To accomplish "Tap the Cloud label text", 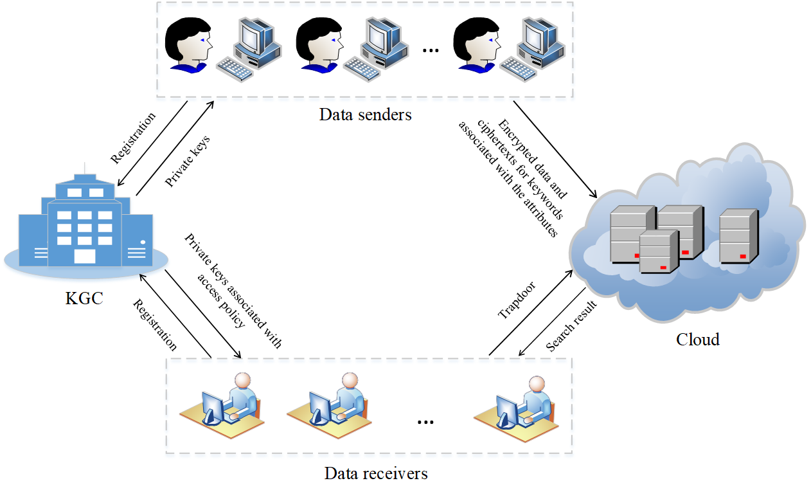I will tap(697, 339).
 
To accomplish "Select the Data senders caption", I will tap(365, 115).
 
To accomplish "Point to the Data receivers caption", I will tap(376, 475).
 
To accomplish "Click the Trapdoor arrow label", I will tap(517, 300).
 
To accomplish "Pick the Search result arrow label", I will tap(571, 326).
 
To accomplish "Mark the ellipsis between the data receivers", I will tap(425, 421).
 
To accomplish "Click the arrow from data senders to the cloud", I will tap(555, 149).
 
